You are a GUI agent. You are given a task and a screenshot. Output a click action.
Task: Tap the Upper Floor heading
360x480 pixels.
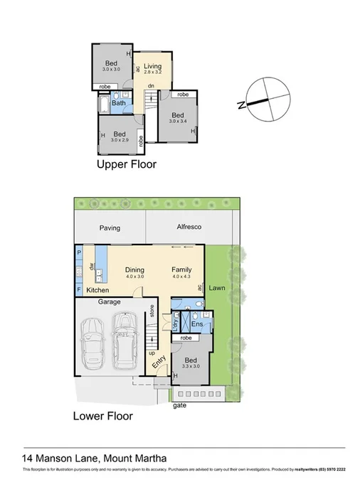click(126, 164)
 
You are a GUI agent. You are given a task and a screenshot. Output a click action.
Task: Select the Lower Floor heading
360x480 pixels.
click(103, 416)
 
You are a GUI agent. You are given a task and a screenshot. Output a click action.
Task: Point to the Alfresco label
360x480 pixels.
click(189, 228)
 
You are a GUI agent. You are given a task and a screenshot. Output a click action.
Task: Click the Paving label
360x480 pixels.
click(110, 228)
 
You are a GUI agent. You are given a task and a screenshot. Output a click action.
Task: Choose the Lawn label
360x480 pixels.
click(217, 288)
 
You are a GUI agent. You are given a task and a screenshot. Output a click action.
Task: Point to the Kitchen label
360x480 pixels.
click(97, 291)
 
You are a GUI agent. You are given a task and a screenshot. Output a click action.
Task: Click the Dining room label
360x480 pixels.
click(134, 270)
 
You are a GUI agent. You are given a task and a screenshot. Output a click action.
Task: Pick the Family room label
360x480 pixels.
click(183, 270)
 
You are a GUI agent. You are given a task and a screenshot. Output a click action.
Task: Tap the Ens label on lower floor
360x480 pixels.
click(197, 325)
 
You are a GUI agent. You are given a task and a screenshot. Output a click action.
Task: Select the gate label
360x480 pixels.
click(179, 406)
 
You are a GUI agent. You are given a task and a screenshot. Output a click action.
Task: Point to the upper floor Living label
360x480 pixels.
click(153, 67)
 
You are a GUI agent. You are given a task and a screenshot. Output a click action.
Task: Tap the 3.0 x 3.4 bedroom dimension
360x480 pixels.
click(177, 122)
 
